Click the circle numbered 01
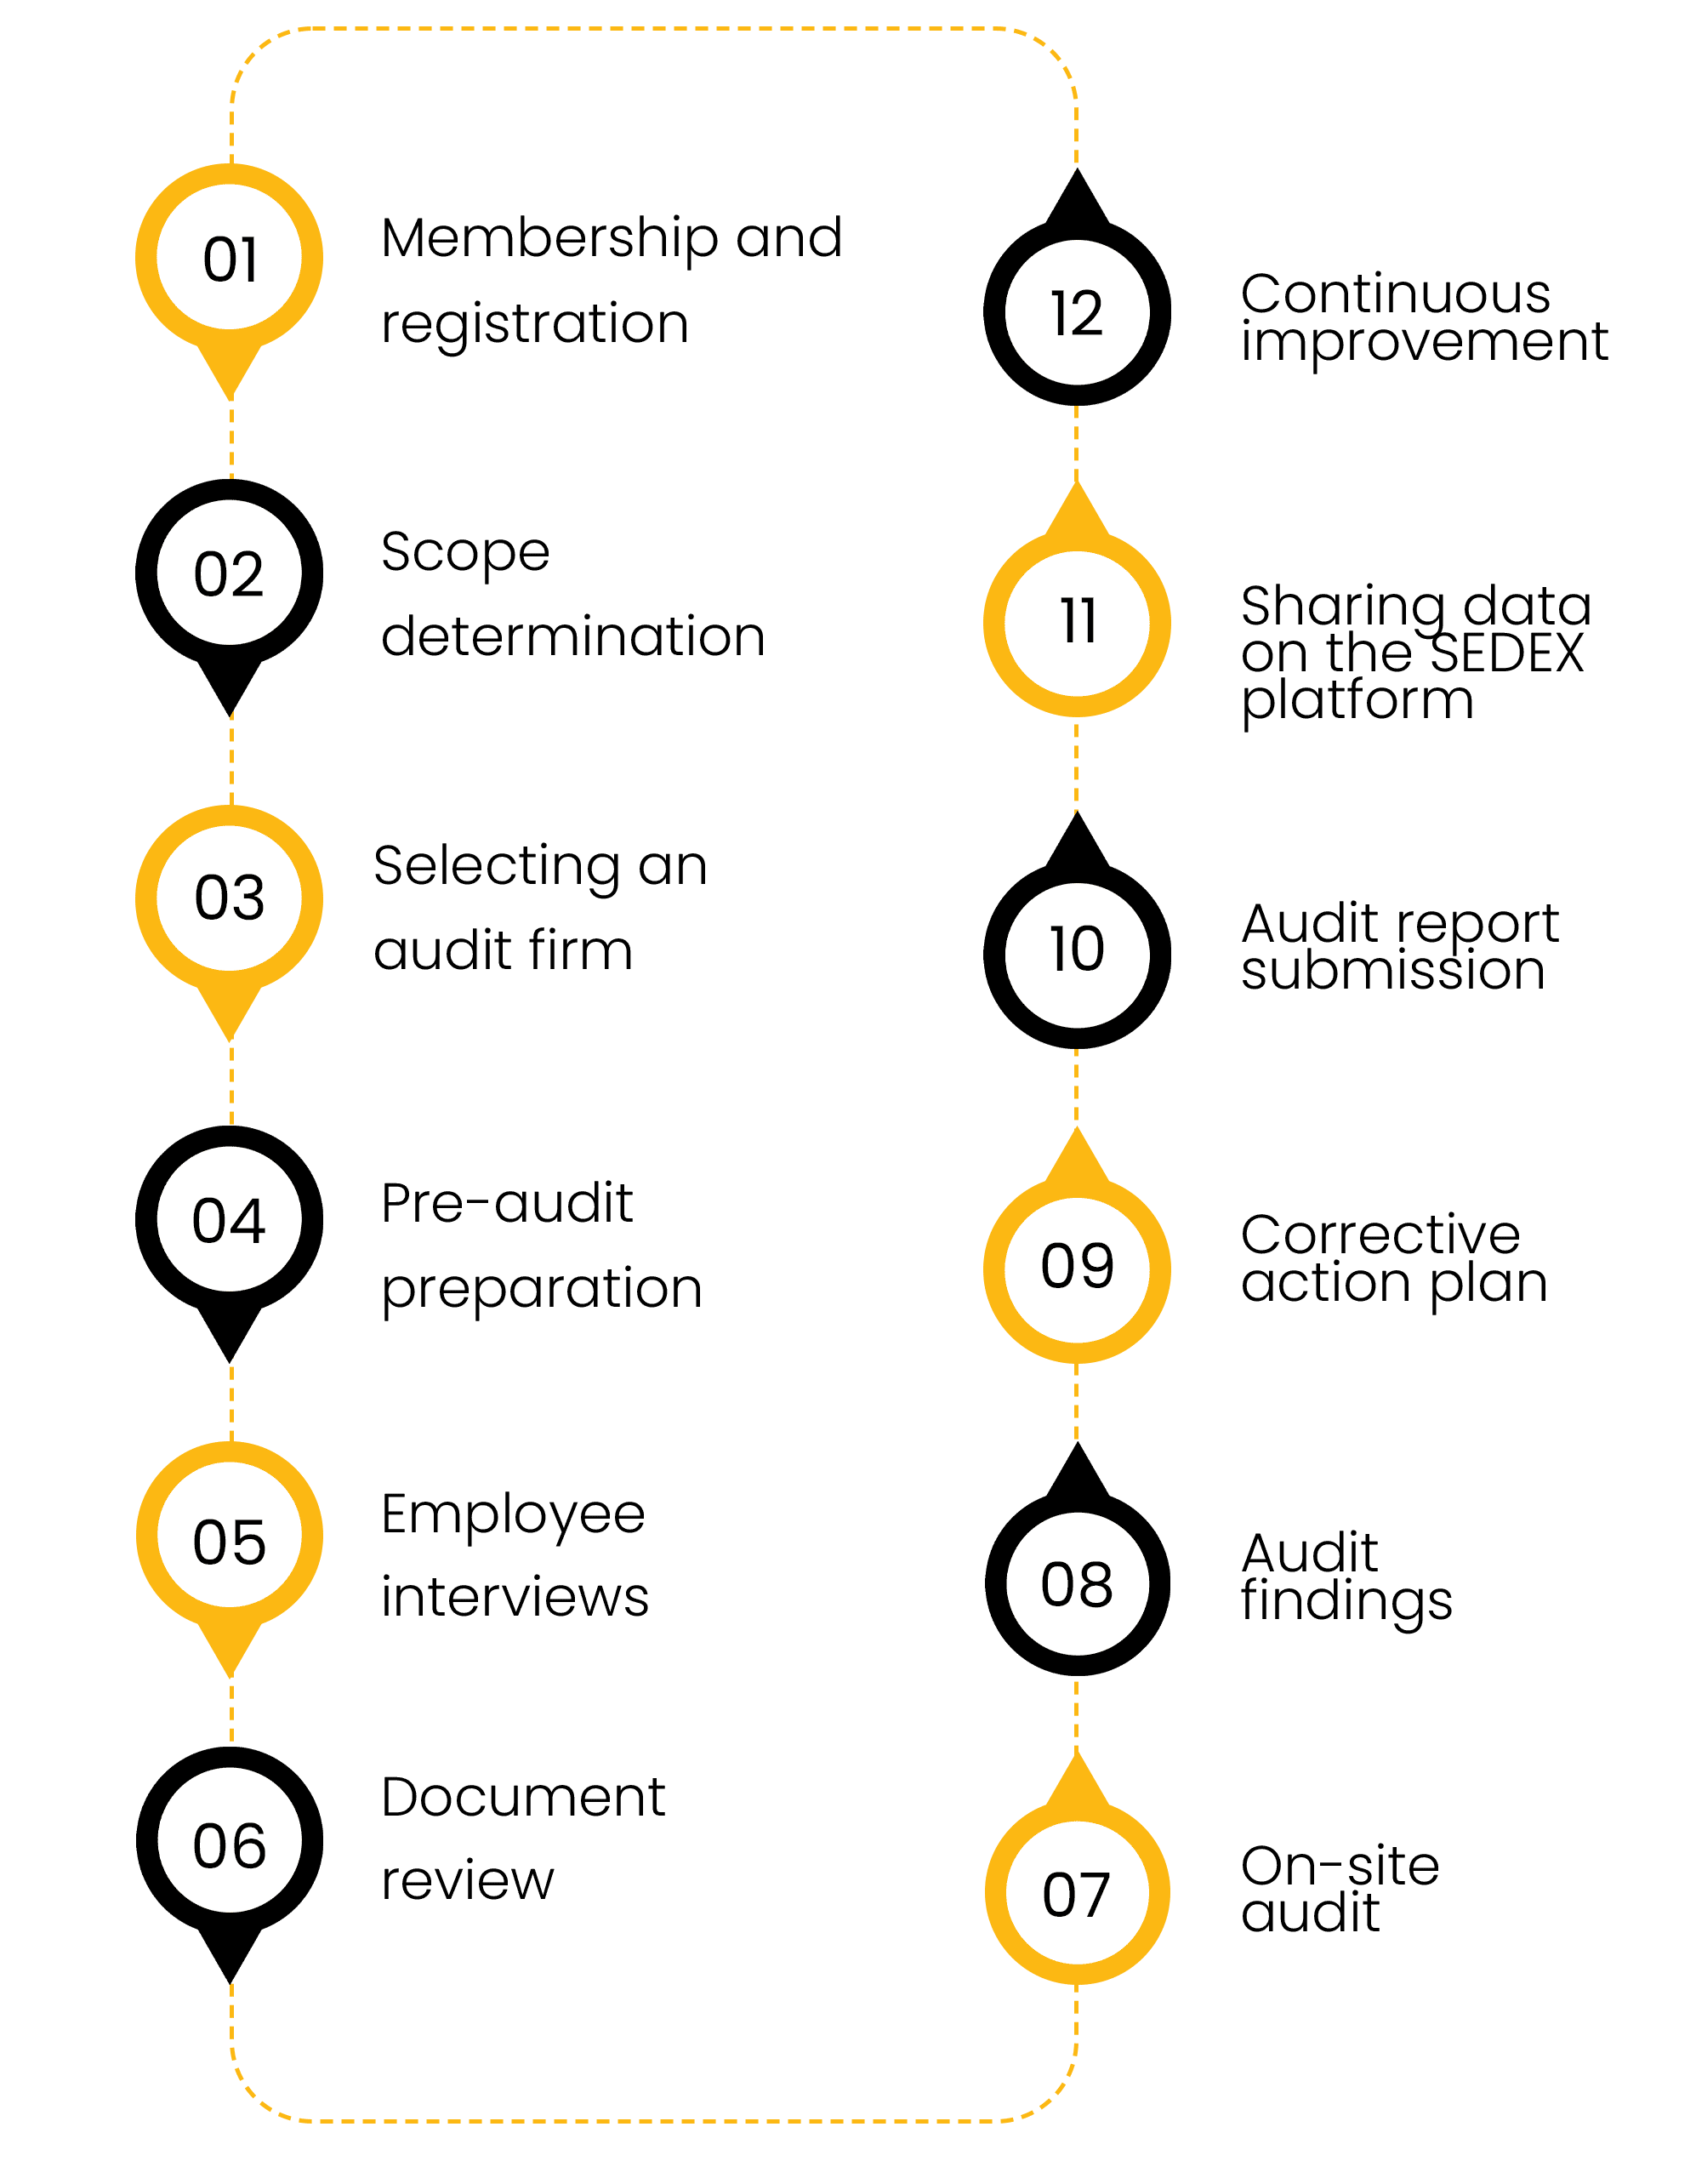coord(230,257)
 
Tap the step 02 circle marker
coord(230,573)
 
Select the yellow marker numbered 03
coord(230,897)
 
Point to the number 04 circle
coord(230,1218)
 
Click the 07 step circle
coord(1077,1893)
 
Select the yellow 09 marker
coord(1077,1266)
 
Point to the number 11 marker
coord(1077,622)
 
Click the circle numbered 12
coord(1077,312)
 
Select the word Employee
coord(514,1515)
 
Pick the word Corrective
coord(1380,1234)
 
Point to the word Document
coord(523,1798)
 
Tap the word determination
coord(573,636)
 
